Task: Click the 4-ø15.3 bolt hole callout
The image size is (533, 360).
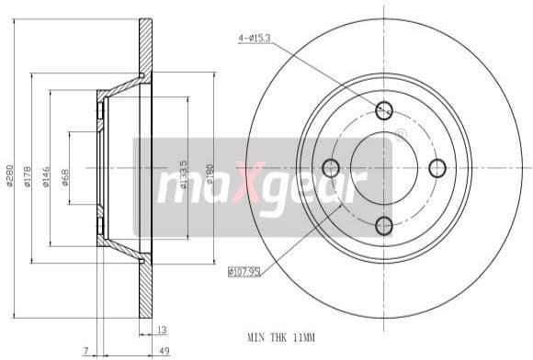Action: pos(255,39)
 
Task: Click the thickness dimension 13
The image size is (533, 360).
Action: pos(163,330)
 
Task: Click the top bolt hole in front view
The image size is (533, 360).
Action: pos(384,111)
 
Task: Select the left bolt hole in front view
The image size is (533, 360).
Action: pos(330,168)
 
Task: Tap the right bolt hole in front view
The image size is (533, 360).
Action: pos(437,168)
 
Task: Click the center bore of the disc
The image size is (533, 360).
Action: pos(384,168)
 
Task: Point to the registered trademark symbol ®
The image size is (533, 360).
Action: pos(400,136)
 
